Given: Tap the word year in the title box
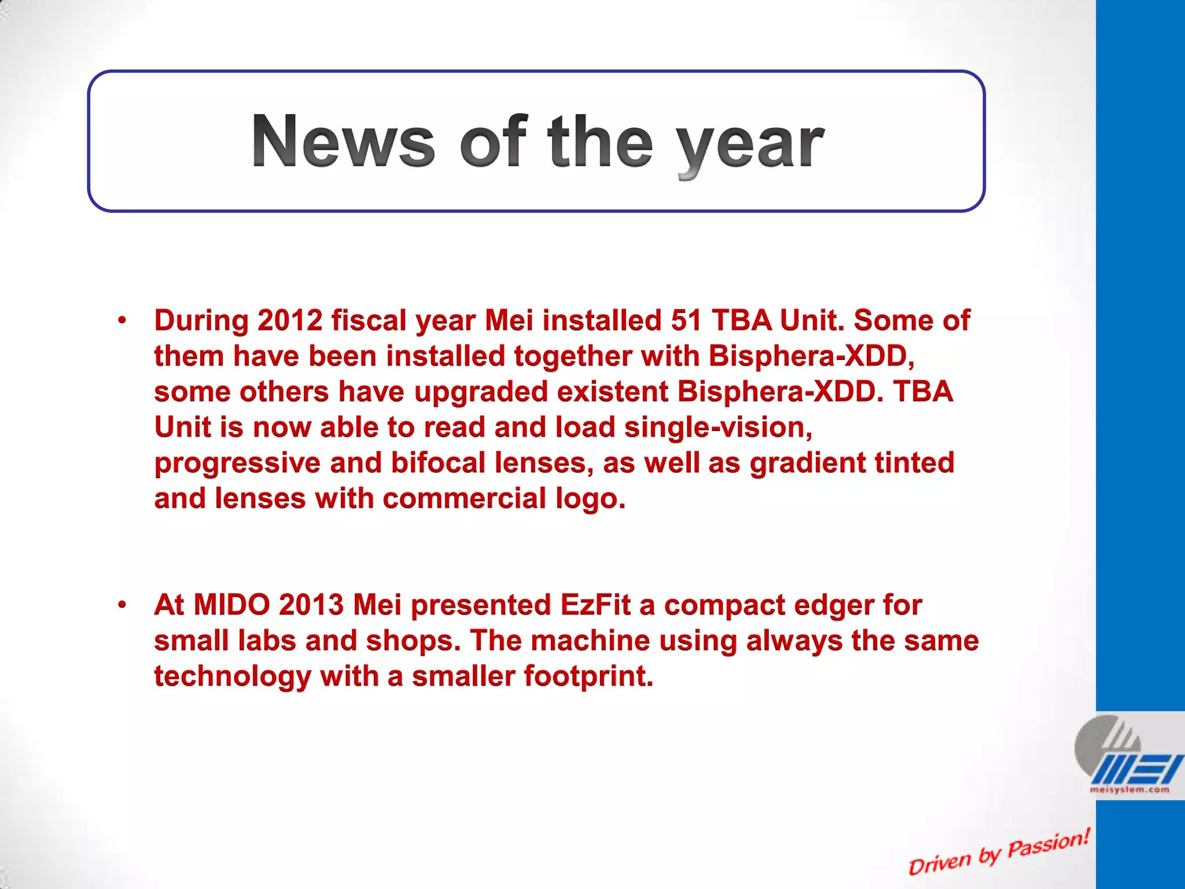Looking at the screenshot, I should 750,145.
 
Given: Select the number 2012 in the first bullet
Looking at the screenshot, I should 290,320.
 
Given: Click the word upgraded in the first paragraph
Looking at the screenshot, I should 481,391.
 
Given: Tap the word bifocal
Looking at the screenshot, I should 438,463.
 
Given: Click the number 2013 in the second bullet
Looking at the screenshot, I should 311,605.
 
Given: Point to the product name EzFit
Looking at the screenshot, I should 595,605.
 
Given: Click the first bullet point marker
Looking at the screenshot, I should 122,320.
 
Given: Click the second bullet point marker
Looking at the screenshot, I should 122,605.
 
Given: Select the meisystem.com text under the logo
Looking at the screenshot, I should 1129,789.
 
